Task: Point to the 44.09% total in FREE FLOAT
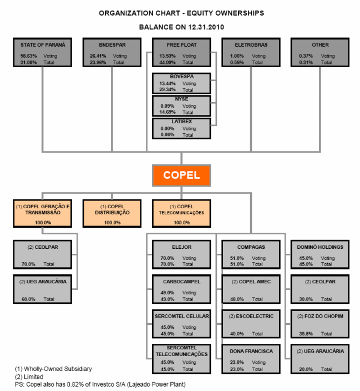167,63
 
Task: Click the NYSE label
181,99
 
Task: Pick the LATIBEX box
181,128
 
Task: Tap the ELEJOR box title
181,247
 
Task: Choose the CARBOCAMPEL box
181,289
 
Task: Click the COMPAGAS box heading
251,247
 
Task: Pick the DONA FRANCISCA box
251,359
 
